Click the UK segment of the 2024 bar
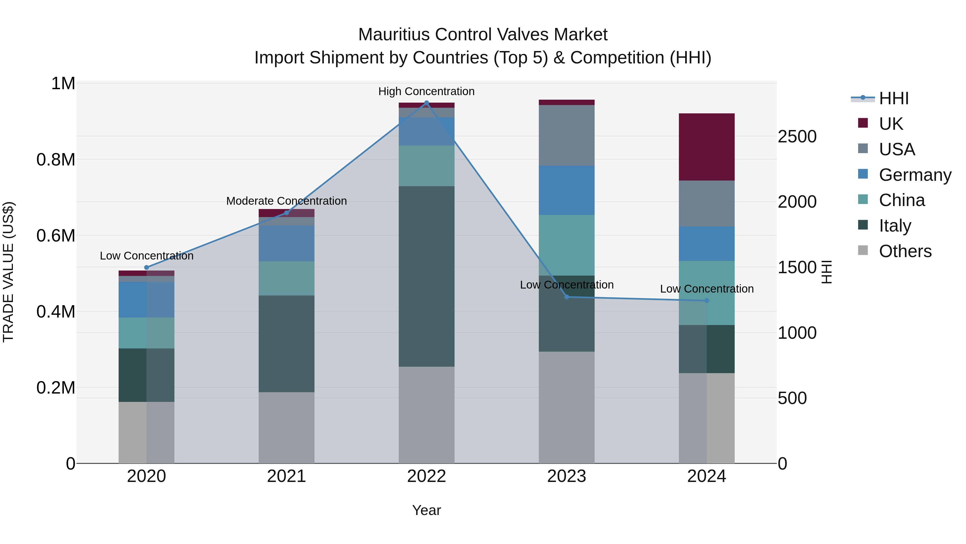pos(707,147)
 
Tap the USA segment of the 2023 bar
pos(567,135)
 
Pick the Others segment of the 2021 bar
pos(287,428)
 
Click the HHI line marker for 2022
pos(426,103)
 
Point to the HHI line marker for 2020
pos(147,268)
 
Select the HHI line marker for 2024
pos(707,301)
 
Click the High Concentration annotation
pos(426,91)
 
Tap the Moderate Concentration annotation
pos(287,201)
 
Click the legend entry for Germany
pos(915,175)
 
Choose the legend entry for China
pos(902,200)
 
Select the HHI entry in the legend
pos(894,98)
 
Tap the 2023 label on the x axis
pos(567,476)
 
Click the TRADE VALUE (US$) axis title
pos(8,272)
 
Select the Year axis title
pos(426,510)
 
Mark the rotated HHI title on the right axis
pos(826,272)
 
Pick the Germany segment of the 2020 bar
pos(147,300)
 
